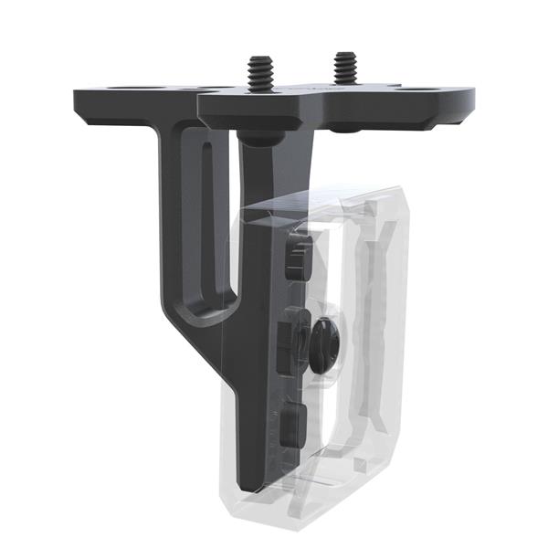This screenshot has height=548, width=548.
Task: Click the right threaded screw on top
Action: tap(344, 66)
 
